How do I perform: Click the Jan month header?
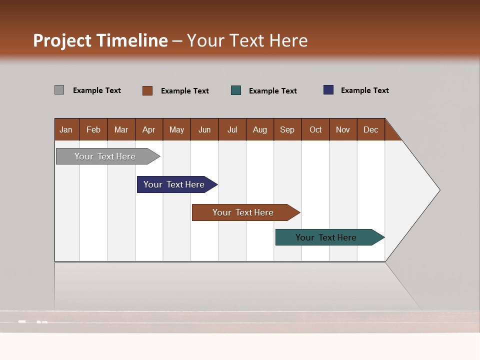click(66, 129)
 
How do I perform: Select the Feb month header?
click(93, 129)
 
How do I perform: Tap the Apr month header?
click(149, 129)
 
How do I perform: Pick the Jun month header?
click(204, 129)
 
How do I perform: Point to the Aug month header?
click(260, 129)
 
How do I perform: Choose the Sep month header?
click(287, 129)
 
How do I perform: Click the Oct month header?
click(315, 129)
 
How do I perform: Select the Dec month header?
click(371, 129)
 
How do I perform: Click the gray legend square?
click(59, 90)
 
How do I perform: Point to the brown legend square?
click(147, 90)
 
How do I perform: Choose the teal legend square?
click(236, 90)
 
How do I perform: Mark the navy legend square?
click(328, 90)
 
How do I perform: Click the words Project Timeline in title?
click(100, 40)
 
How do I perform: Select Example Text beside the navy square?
click(364, 90)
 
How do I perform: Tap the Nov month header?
click(343, 129)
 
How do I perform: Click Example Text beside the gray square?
click(97, 90)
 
